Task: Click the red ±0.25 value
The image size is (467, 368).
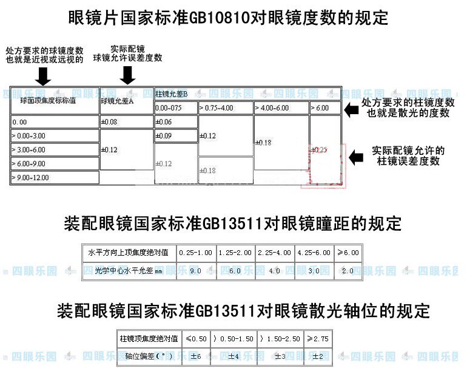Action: point(319,149)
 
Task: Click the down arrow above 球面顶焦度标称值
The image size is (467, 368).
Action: point(43,75)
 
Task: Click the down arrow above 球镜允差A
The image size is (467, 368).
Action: point(127,75)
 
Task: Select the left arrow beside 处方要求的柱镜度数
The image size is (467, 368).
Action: point(352,109)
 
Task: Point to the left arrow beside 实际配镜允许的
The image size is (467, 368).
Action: point(357,157)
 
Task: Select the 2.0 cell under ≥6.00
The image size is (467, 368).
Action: point(348,271)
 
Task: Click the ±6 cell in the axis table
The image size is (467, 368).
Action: point(196,356)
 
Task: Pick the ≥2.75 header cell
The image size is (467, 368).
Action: point(317,338)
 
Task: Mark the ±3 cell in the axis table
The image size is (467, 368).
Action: point(280,356)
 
